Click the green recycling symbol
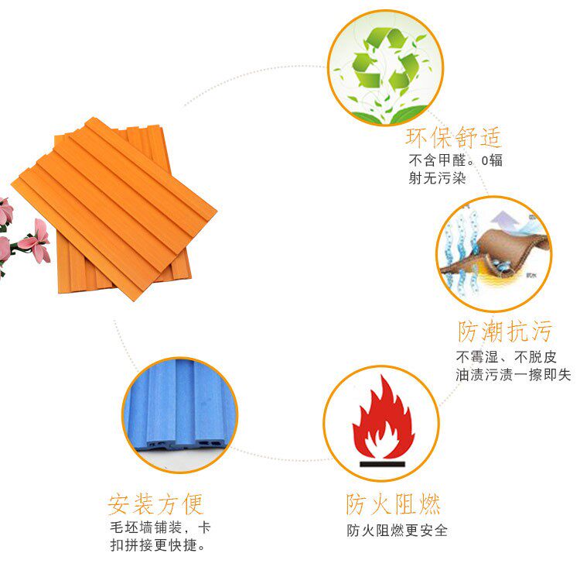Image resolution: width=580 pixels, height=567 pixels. [384, 60]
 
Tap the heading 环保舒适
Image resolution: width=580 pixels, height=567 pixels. [453, 138]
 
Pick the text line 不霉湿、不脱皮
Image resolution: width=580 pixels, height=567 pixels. [505, 357]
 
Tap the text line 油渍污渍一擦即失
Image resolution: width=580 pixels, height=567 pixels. [513, 375]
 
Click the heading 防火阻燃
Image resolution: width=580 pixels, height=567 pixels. [394, 505]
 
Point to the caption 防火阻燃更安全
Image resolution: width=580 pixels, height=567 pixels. [397, 531]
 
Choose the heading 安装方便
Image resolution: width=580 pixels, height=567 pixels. [155, 504]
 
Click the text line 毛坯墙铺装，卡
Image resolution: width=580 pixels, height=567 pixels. [160, 528]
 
